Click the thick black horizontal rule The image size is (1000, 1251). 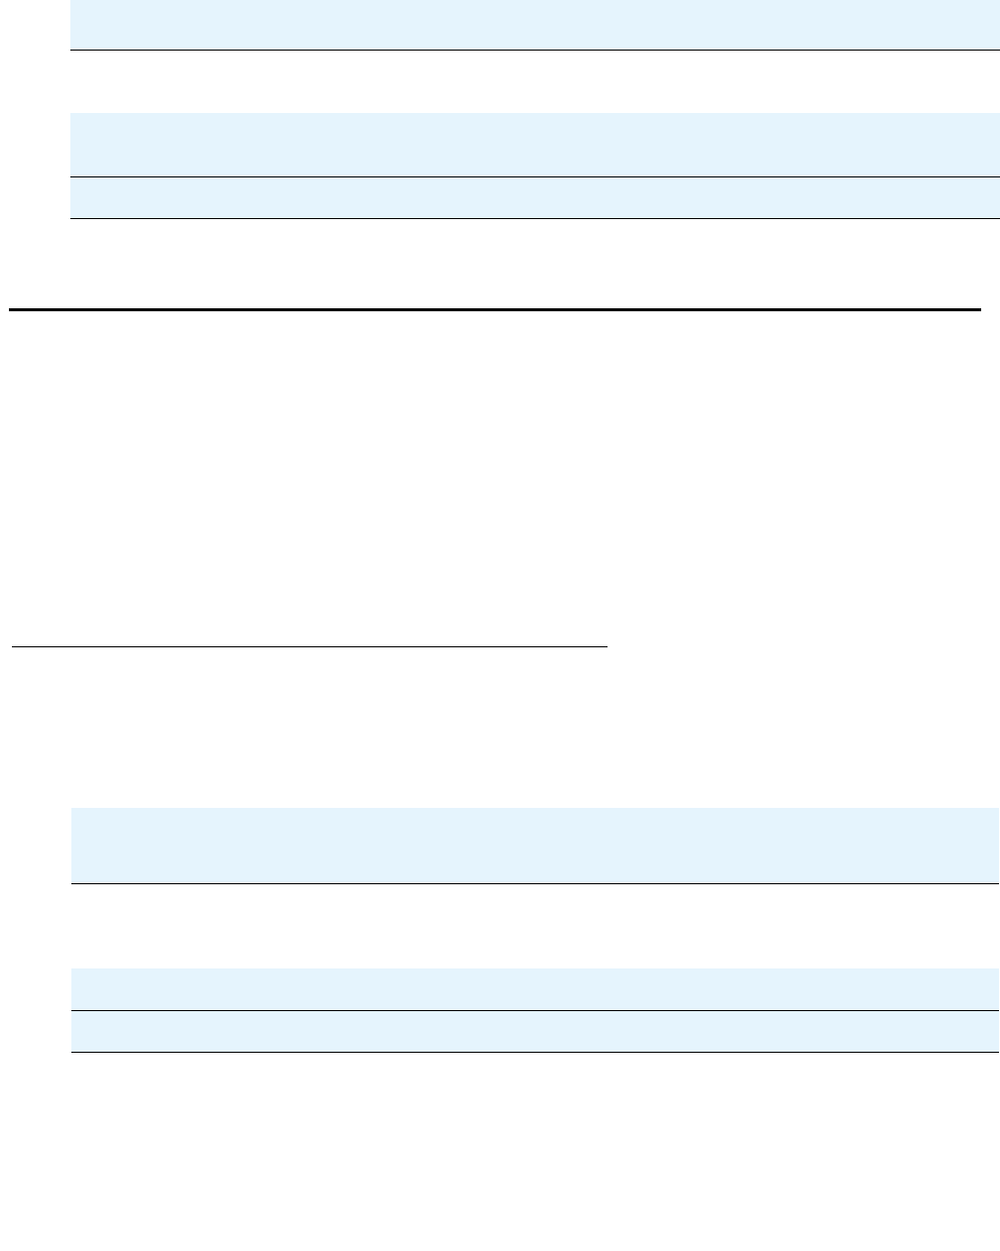click(495, 310)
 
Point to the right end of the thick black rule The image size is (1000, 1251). click(978, 310)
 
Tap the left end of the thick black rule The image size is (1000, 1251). click(11, 310)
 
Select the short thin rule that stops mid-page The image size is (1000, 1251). click(308, 646)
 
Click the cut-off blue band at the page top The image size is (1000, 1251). click(534, 24)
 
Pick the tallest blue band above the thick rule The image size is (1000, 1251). click(534, 145)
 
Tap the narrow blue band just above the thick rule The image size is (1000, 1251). click(534, 197)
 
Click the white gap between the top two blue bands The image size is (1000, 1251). click(534, 81)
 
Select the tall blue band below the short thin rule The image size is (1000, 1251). click(534, 845)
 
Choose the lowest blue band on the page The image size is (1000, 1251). click(534, 1031)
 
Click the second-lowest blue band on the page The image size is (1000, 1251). click(534, 988)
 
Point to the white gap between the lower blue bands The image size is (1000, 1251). click(534, 926)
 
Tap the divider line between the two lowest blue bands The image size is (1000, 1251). click(534, 1010)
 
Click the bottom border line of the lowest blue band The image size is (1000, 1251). click(534, 1052)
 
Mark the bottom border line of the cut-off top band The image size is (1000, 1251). click(534, 50)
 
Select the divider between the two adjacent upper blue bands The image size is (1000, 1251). click(534, 176)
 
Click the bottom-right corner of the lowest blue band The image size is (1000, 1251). click(997, 1051)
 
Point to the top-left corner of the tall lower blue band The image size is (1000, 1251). click(72, 809)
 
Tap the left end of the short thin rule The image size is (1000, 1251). click(13, 646)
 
